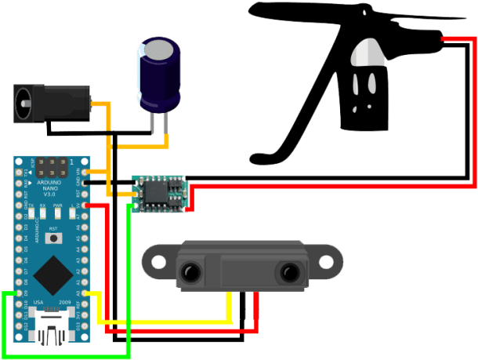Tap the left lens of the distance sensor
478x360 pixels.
click(190, 272)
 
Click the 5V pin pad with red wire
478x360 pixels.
click(87, 205)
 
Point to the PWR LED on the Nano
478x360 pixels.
click(58, 212)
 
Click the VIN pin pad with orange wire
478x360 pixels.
click(87, 172)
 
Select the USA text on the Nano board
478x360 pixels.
click(39, 302)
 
